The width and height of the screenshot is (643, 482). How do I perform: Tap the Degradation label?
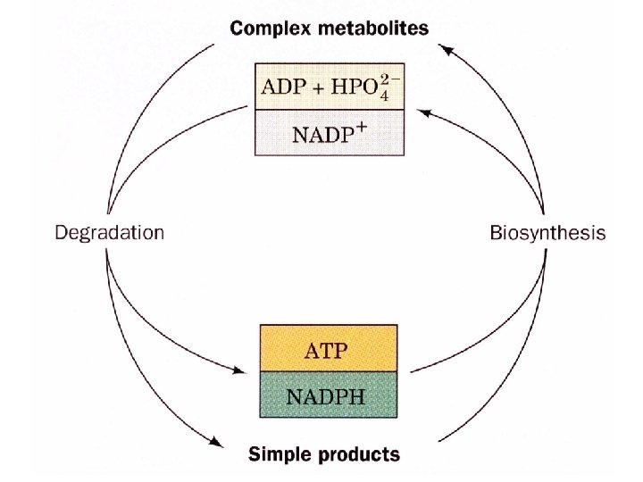coord(110,233)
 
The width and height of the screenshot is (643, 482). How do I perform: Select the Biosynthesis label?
coord(547,234)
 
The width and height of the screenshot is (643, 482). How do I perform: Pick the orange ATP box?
coord(328,348)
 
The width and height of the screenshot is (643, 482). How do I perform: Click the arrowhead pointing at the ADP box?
coord(423,112)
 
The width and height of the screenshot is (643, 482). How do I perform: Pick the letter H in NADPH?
coord(357,394)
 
